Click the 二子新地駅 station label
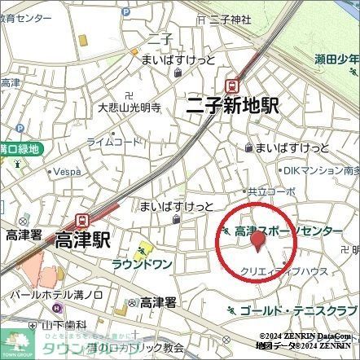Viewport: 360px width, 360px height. point(234,105)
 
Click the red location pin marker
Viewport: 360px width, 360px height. point(258,241)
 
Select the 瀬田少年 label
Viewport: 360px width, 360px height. point(337,58)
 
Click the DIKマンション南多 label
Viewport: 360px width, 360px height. point(322,170)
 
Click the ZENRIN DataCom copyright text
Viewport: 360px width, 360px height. point(310,336)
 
